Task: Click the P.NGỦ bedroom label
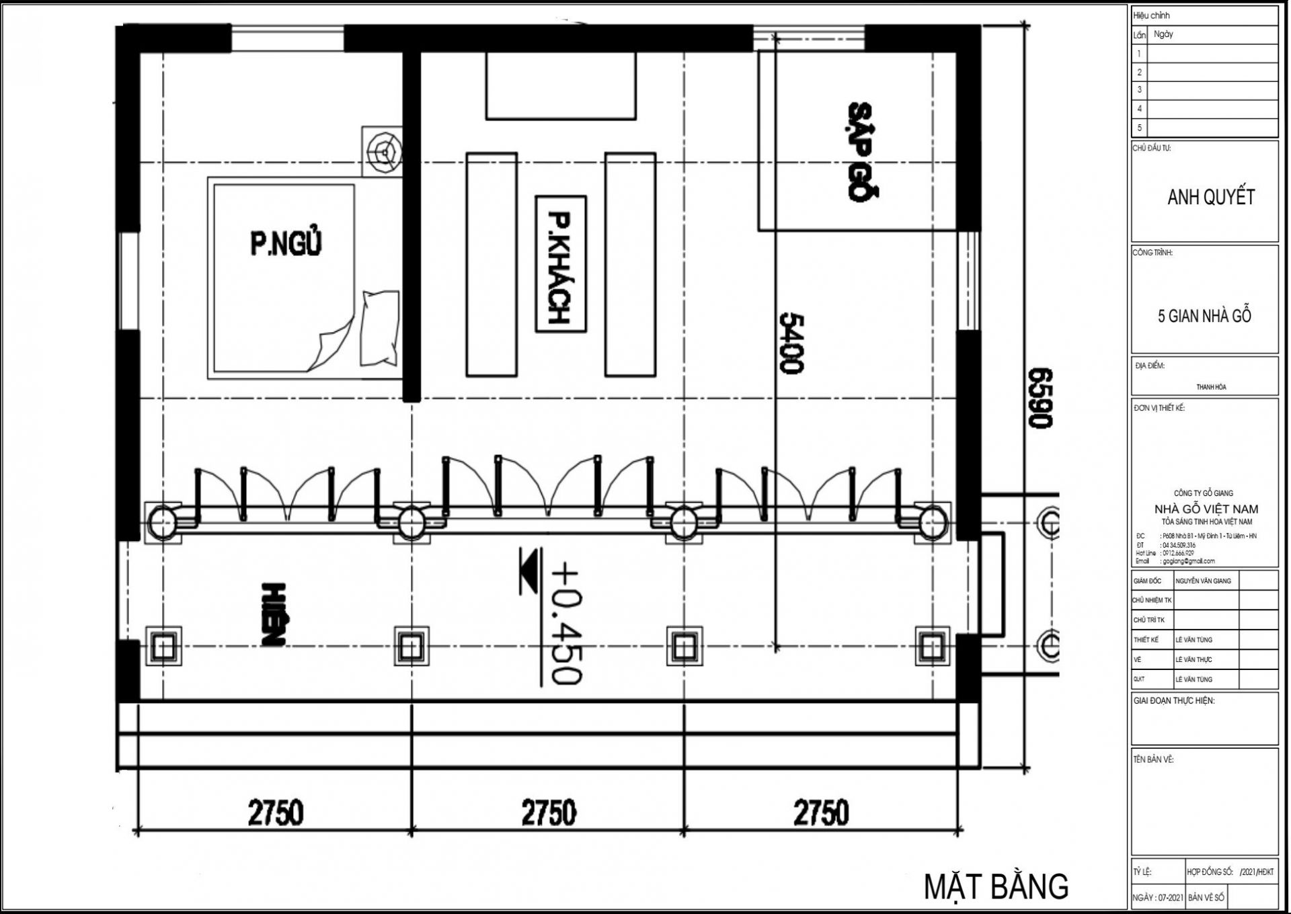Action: tap(286, 243)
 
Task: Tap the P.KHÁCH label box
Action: tap(560, 264)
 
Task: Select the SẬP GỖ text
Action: tap(861, 151)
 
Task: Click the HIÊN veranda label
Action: tap(273, 614)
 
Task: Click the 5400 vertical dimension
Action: tap(791, 343)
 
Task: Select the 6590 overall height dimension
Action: tap(1040, 398)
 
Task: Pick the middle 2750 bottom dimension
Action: tap(549, 813)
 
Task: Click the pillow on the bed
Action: tap(380, 329)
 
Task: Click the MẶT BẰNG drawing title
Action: tap(996, 886)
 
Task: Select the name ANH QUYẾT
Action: tap(1211, 197)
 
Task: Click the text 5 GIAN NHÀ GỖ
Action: tap(1204, 316)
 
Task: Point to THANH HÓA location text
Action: tap(1211, 387)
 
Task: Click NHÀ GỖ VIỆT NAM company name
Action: tap(1206, 509)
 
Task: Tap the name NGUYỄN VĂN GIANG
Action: tap(1204, 581)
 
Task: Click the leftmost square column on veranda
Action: tap(163, 647)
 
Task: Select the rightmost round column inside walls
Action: tap(932, 522)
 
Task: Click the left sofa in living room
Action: tap(492, 264)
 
